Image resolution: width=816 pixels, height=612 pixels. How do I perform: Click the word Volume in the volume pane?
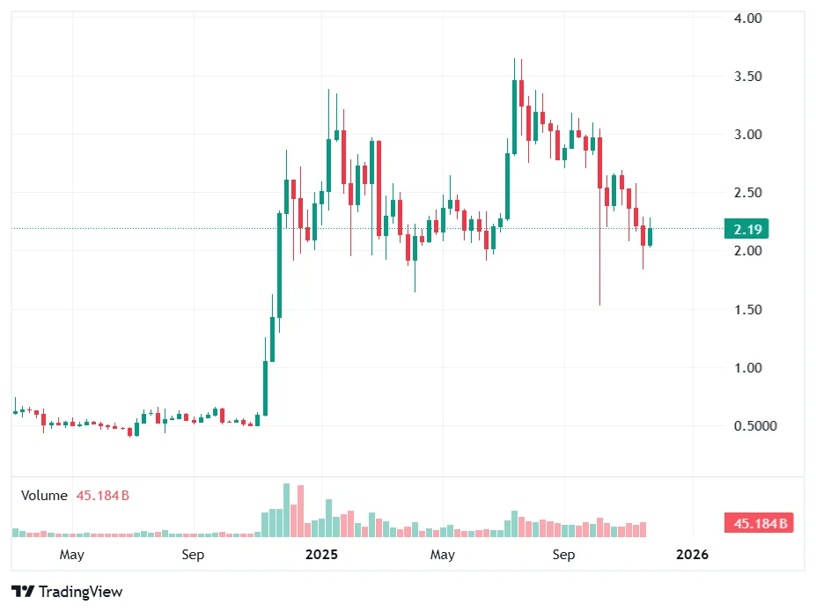44,496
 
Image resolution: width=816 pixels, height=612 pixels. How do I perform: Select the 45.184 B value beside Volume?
102,496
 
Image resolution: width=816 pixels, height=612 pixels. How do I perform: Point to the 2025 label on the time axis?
321,555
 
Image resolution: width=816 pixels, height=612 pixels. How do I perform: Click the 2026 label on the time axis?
692,555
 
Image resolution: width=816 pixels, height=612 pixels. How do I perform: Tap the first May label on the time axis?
71,555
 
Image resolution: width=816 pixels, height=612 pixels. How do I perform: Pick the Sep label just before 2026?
563,555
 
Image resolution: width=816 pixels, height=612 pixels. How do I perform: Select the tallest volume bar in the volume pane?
286,511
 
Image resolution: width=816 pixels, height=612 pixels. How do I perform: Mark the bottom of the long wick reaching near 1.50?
599,304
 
